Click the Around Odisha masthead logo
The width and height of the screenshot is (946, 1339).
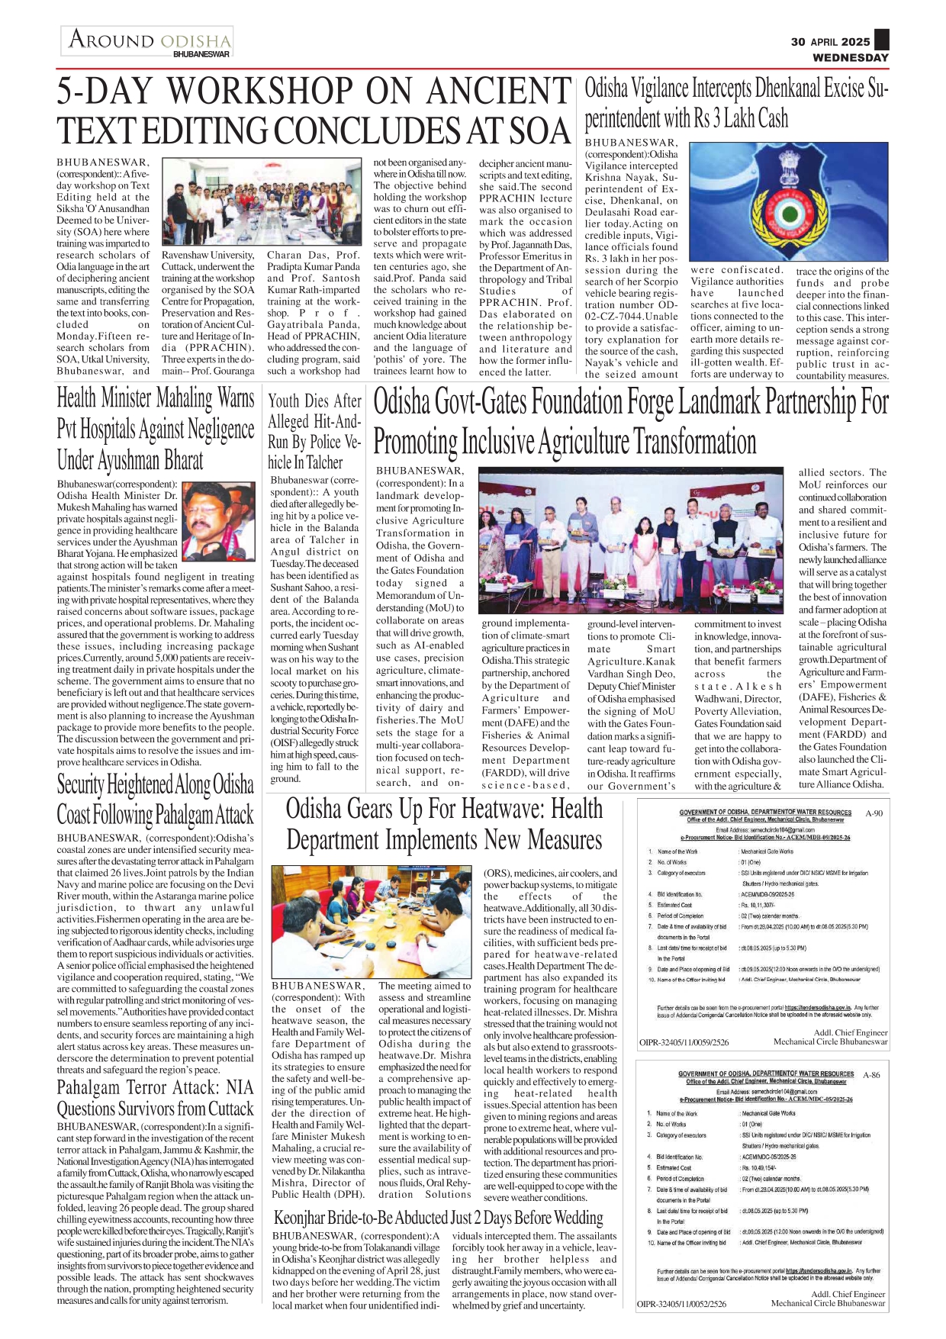147,41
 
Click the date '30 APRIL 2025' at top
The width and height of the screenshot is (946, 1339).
830,42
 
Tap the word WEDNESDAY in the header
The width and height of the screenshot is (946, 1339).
850,57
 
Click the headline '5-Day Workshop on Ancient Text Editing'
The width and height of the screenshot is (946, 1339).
314,111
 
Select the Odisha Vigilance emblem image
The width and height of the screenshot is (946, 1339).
789,202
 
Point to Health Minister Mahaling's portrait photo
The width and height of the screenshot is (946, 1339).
219,520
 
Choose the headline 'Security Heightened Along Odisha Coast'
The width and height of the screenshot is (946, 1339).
155,799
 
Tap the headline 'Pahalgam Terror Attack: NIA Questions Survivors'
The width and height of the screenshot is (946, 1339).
155,1098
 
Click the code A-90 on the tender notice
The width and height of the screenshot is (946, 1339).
874,813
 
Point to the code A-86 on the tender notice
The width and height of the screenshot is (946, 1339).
871,1074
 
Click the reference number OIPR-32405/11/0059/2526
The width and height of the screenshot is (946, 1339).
684,1041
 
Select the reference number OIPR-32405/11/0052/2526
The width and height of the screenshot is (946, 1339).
682,1304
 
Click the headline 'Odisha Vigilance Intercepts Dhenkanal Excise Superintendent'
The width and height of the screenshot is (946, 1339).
736,104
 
